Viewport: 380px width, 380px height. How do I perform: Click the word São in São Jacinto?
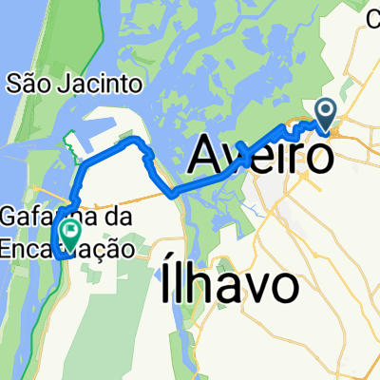point(27,83)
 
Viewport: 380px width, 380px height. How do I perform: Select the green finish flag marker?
point(69,229)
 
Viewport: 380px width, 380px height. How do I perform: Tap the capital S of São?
point(13,83)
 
